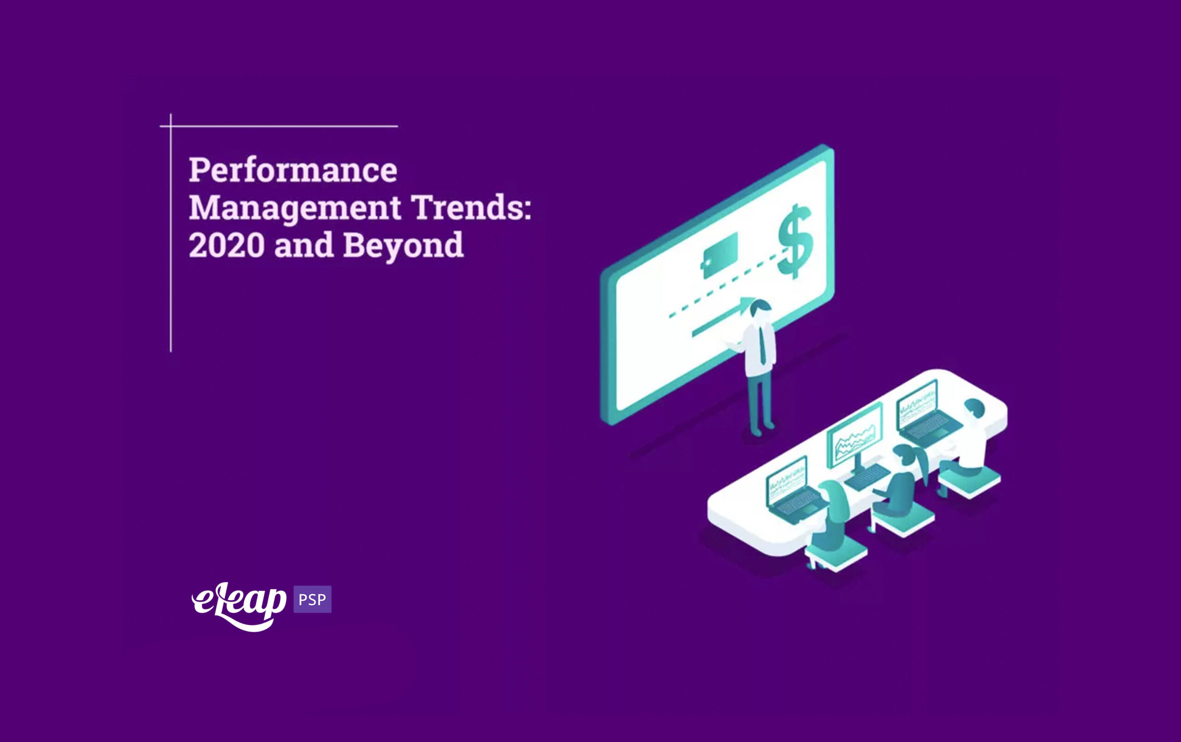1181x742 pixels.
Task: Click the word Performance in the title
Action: (x=293, y=170)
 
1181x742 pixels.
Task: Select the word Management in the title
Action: (x=294, y=208)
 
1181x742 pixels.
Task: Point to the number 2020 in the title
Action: (x=227, y=245)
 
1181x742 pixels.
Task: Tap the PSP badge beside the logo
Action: (x=312, y=600)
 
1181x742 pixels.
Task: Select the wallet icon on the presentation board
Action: (x=720, y=255)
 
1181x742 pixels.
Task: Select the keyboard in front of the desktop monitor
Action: (x=867, y=477)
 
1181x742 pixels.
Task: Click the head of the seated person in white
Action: (x=974, y=408)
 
